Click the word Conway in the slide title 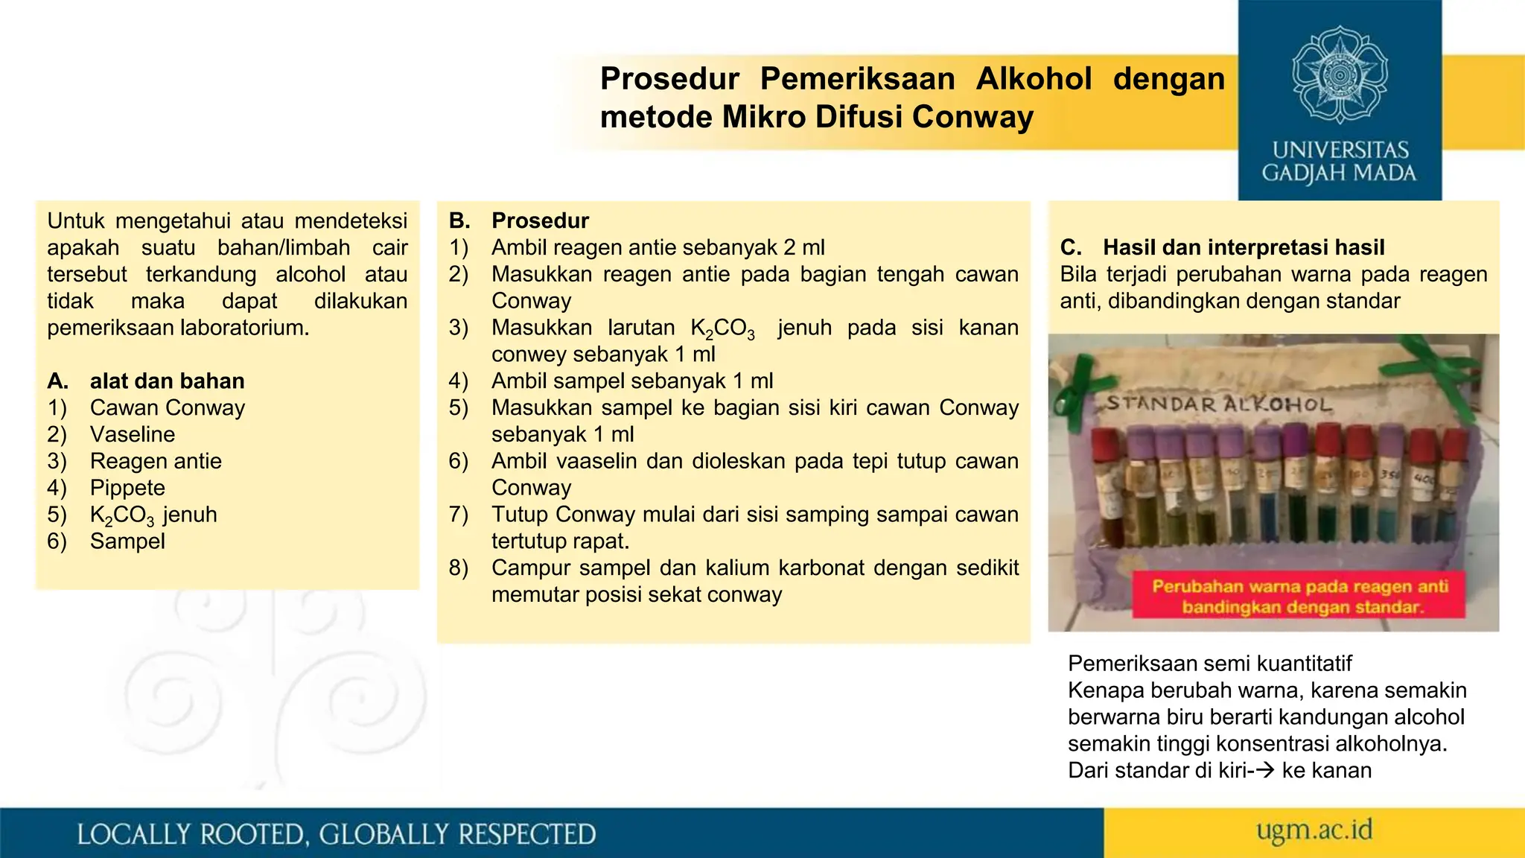point(972,117)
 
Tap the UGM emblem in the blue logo point(1340,74)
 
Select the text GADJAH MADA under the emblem point(1339,174)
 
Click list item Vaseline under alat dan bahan point(133,434)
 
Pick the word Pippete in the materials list point(127,488)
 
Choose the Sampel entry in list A point(127,541)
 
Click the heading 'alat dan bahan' point(167,381)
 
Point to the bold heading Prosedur point(540,220)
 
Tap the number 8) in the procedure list point(459,568)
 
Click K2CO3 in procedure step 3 point(722,328)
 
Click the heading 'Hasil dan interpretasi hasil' point(1244,247)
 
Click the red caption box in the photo point(1299,596)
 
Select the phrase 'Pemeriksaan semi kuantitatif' point(1209,663)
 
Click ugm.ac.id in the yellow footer point(1314,830)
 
